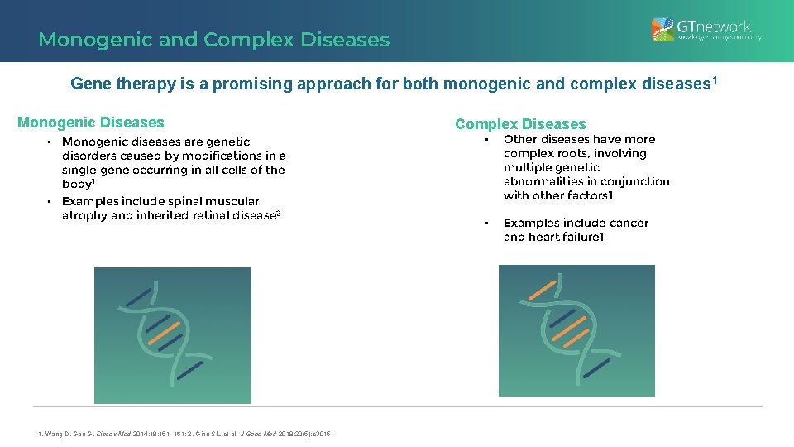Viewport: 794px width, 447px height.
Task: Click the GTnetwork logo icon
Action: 662,30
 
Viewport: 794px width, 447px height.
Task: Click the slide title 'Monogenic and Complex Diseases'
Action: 213,40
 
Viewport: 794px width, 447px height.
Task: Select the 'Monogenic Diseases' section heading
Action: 91,123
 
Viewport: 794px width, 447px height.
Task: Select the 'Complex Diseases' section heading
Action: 519,124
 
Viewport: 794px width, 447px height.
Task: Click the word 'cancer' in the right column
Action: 629,223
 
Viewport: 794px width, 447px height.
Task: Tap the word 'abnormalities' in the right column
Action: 543,181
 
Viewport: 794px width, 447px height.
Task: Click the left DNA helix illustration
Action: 172,334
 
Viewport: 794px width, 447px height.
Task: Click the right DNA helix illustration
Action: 576,330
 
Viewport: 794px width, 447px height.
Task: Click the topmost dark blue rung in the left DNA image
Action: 138,296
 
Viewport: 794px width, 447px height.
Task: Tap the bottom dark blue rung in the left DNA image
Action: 190,370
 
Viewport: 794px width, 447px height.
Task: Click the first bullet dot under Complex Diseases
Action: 487,140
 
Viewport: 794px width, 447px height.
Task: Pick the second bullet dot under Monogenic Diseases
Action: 49,201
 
